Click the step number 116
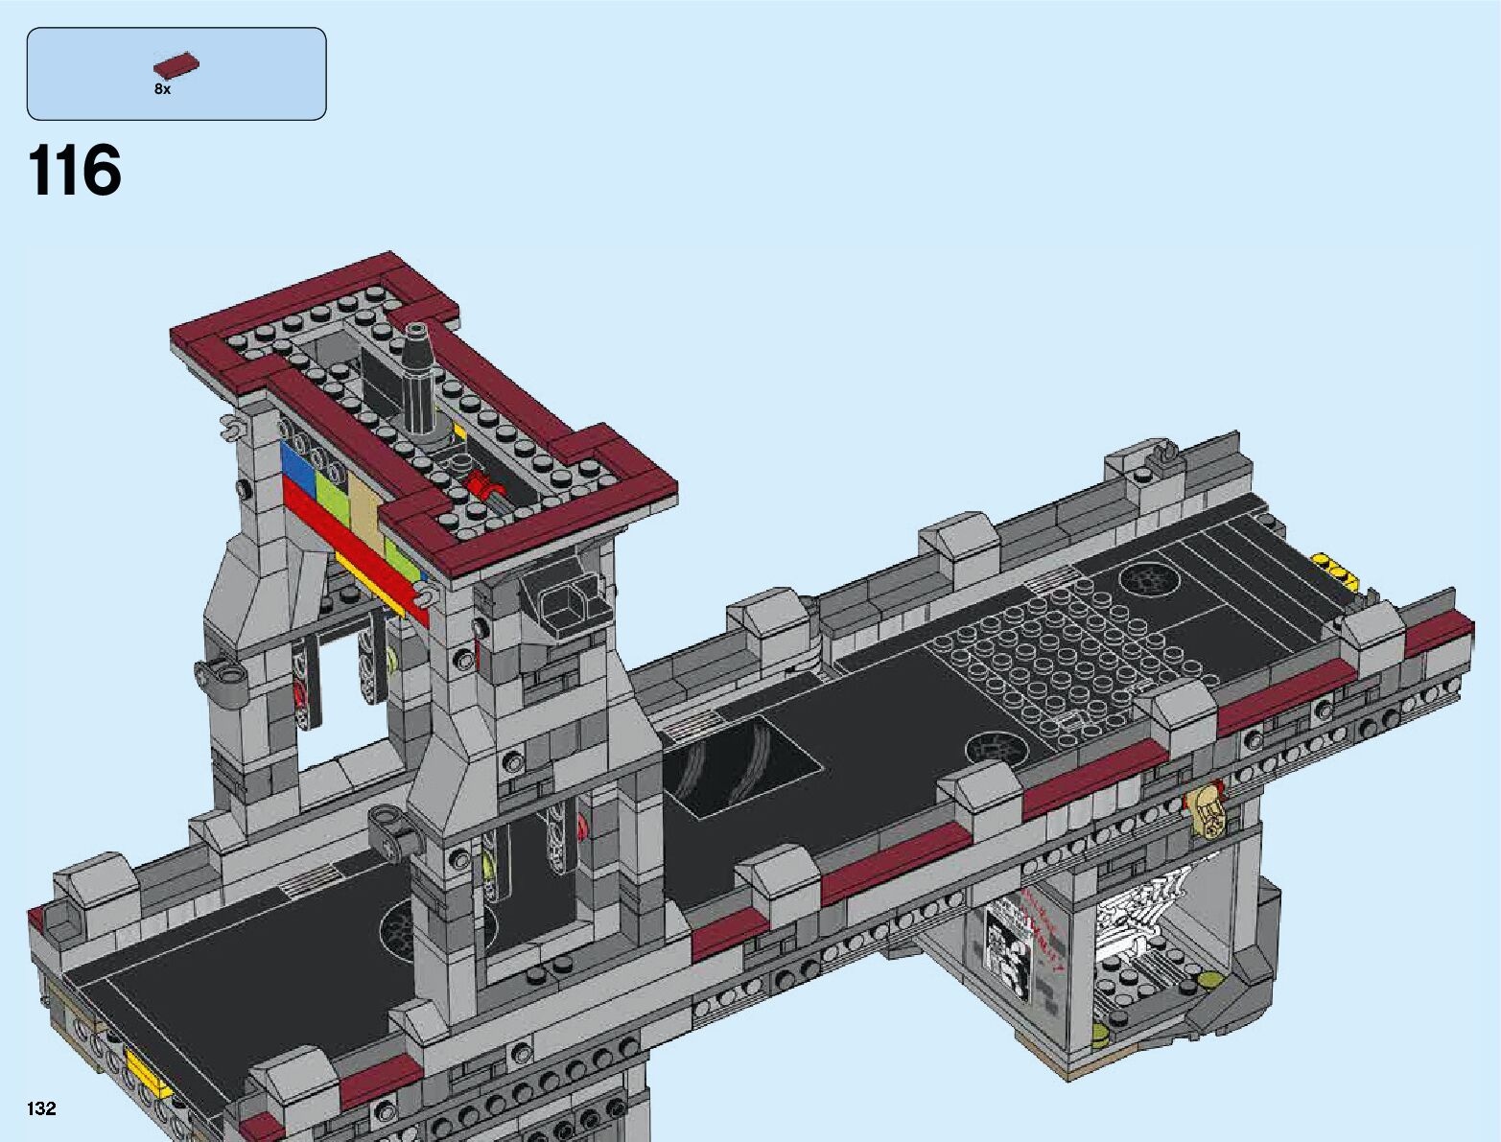coord(75,170)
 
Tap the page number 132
coord(41,1107)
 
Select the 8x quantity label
coord(163,89)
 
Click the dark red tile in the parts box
coord(176,66)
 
